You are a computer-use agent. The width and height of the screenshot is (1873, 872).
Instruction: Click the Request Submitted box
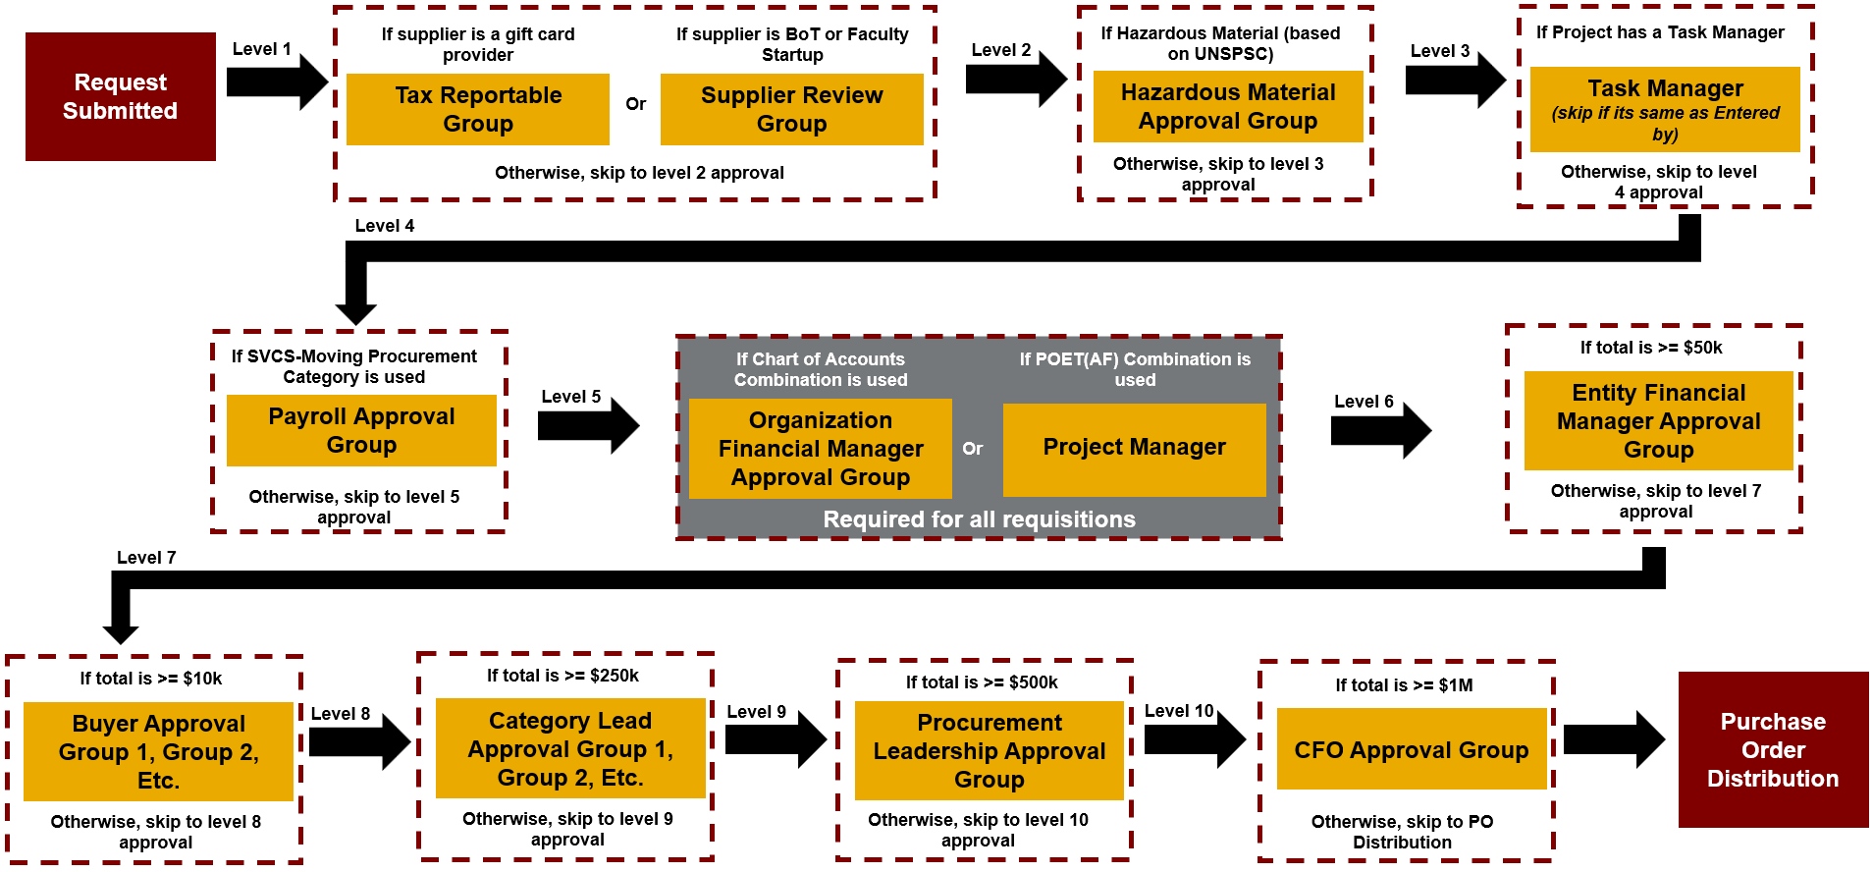tap(121, 96)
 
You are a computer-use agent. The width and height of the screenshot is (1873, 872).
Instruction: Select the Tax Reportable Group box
tap(478, 109)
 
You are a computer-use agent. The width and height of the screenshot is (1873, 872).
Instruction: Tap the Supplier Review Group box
tap(791, 109)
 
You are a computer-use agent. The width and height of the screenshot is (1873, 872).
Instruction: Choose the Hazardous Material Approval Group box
tap(1228, 106)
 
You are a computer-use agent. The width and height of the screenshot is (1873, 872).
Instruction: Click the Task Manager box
tap(1665, 109)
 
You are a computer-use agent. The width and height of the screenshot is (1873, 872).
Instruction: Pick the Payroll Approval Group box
tap(361, 430)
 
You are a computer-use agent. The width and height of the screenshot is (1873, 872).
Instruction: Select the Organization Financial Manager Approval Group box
tap(821, 449)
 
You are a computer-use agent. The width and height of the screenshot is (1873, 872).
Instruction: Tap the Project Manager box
tap(1134, 448)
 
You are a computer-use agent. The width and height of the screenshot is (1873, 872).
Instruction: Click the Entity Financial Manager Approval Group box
tap(1658, 421)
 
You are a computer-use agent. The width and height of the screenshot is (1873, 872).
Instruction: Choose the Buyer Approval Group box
tap(158, 752)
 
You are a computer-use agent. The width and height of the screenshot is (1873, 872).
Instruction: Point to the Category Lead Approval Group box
tap(570, 749)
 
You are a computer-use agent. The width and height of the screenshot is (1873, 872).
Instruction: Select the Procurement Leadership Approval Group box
tap(989, 751)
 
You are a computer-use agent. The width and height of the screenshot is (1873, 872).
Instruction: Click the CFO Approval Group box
tap(1411, 750)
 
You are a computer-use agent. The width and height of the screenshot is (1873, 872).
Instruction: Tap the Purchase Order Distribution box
tap(1773, 750)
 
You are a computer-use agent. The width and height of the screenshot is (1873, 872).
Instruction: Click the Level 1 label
tap(261, 49)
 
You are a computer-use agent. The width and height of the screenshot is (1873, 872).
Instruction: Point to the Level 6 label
tap(1364, 402)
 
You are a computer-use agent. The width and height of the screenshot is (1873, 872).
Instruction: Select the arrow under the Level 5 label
tap(588, 426)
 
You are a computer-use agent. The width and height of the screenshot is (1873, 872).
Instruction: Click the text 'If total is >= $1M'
tap(1404, 685)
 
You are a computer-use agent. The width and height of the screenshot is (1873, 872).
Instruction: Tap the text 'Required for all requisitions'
tap(979, 519)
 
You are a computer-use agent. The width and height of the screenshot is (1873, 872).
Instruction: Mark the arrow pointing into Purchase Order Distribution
tap(1613, 739)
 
